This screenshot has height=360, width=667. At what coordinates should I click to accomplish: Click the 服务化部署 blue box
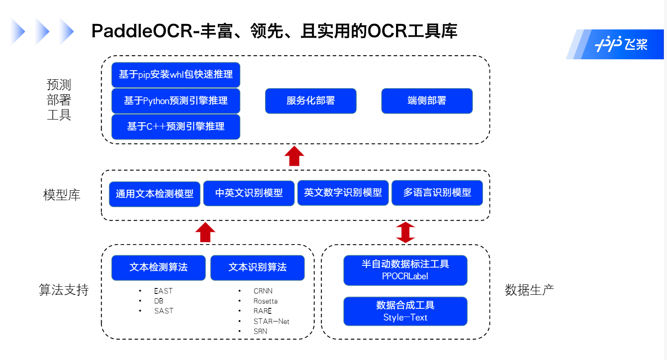[x=310, y=101]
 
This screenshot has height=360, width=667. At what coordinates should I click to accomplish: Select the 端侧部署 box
[x=427, y=101]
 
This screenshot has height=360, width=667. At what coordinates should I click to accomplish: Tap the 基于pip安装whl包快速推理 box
[x=176, y=75]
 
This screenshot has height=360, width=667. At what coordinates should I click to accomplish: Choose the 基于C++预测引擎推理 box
[x=176, y=127]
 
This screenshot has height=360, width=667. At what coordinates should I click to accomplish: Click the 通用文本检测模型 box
[x=155, y=194]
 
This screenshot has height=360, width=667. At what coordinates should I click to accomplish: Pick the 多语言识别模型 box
[x=437, y=193]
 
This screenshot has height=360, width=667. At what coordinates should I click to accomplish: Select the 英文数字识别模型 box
[x=343, y=193]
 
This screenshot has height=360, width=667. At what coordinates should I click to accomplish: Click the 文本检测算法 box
[x=159, y=268]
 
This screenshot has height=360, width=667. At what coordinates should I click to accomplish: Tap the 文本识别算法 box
[x=257, y=268]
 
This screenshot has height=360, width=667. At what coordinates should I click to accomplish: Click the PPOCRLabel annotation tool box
[x=405, y=270]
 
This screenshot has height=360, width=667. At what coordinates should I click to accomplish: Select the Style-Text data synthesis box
[x=405, y=311]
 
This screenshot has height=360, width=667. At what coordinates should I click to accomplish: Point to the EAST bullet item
[x=163, y=291]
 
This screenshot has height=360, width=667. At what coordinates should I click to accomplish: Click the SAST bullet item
[x=164, y=311]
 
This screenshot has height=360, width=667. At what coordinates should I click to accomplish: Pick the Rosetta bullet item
[x=266, y=301]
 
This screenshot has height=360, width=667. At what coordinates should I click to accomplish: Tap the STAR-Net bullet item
[x=271, y=322]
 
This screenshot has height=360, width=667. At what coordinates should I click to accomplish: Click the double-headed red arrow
[x=406, y=232]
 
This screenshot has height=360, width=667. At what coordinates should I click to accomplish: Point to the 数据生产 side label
[x=529, y=290]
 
